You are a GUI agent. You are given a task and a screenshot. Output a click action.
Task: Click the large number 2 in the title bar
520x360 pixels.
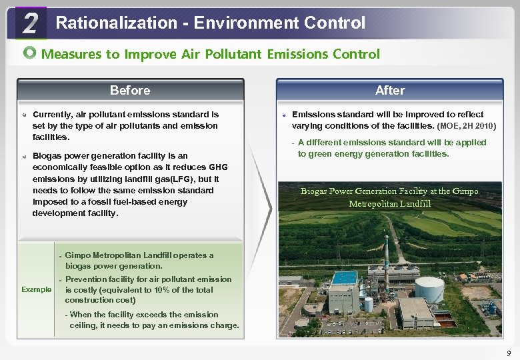click(29, 24)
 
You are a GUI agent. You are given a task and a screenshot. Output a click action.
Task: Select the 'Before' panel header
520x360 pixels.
click(130, 90)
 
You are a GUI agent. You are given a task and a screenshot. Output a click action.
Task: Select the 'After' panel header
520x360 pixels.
click(390, 90)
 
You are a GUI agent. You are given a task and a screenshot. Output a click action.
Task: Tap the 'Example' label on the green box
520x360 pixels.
click(36, 289)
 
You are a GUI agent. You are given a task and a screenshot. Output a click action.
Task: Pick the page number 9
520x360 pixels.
click(509, 353)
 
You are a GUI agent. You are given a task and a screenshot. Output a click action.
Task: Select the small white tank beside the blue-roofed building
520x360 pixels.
click(368, 304)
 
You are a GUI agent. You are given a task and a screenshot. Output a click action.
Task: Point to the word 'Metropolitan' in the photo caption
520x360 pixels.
click(376, 203)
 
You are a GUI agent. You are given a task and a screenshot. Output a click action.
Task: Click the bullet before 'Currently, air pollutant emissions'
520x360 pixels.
click(25, 115)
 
